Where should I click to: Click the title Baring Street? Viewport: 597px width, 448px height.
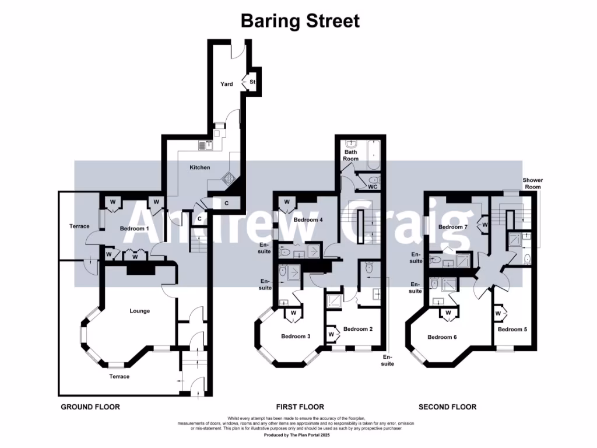point(300,22)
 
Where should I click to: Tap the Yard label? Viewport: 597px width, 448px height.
point(226,85)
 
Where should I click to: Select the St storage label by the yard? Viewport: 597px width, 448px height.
point(252,82)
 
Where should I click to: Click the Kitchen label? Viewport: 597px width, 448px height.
point(199,168)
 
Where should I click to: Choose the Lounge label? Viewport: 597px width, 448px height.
point(139,311)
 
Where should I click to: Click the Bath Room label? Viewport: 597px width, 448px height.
point(350,155)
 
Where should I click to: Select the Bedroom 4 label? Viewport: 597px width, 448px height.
point(308,220)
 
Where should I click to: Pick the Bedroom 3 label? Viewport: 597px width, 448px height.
point(296,336)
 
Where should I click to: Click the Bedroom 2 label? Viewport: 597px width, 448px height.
point(357,329)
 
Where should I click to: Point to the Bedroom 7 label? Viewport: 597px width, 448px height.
point(453,226)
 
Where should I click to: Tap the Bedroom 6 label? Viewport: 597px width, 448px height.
point(442,337)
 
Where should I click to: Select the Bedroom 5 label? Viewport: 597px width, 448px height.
point(512,329)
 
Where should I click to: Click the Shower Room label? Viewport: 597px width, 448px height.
point(532,183)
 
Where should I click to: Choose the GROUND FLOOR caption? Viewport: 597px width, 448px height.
point(90,407)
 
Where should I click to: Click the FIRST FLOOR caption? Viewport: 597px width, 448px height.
point(300,407)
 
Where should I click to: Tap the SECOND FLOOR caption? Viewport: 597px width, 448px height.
point(447,407)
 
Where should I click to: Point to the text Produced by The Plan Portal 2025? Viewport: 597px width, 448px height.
point(298,435)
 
